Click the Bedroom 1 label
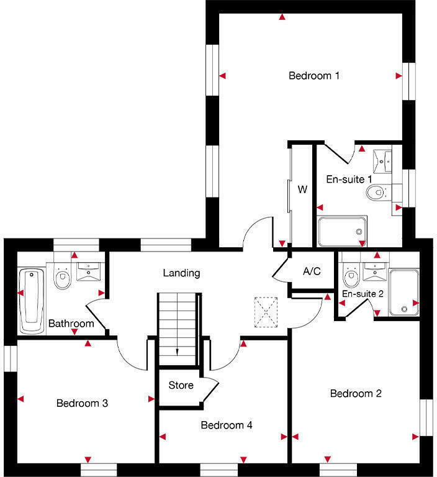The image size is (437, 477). coord(314,76)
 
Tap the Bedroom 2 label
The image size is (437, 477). coord(355,393)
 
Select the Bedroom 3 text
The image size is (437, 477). coord(82,403)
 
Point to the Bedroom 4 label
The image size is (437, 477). coord(226,425)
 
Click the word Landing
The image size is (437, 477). coord(181,273)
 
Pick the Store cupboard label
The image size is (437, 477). coord(181,385)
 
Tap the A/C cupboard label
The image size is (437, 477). coord(312,271)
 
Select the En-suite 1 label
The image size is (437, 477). coord(349,179)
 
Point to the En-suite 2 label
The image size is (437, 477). coord(363,294)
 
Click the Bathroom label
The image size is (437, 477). coord(71,324)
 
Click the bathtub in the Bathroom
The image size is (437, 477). coord(31,299)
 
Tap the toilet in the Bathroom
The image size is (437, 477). coord(62,279)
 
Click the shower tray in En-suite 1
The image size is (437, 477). coord(342,230)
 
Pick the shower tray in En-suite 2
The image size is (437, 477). coord(404,291)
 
